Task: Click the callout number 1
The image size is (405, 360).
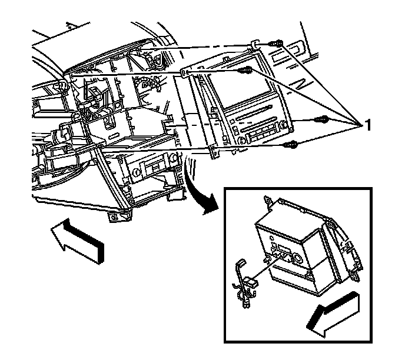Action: (367, 124)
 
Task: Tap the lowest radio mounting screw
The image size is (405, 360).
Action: (290, 144)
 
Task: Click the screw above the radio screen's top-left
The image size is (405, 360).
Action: (246, 71)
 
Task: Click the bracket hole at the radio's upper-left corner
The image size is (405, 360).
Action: (184, 73)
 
